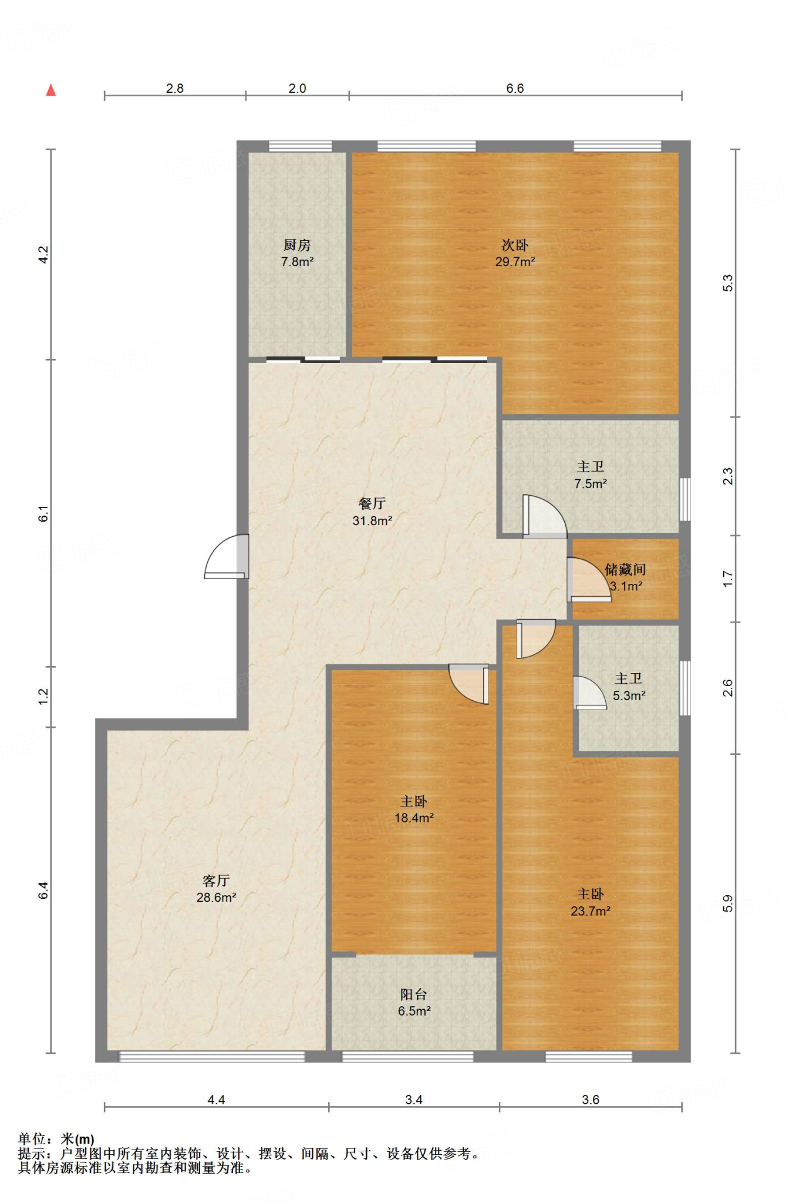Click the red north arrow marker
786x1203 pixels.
[51, 90]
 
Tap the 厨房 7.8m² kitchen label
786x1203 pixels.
[297, 253]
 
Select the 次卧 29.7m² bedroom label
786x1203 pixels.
[515, 253]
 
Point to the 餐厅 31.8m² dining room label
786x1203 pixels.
[372, 512]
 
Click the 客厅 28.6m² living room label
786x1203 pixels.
[216, 889]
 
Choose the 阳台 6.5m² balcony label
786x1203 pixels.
[414, 1002]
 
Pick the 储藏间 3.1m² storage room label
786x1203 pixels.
[626, 577]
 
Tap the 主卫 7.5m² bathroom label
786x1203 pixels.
[591, 475]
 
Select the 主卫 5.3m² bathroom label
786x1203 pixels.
[629, 687]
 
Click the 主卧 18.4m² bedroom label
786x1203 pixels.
[414, 809]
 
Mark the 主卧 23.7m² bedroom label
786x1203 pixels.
[591, 902]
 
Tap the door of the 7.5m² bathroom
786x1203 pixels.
[545, 517]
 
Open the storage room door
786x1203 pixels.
[589, 580]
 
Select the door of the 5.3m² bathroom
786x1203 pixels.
[589, 693]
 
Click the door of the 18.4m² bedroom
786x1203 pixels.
[469, 684]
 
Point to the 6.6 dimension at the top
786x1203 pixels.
[515, 88]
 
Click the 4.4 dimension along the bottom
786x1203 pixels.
[216, 1100]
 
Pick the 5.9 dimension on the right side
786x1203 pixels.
[728, 903]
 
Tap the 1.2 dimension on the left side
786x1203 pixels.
[43, 697]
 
